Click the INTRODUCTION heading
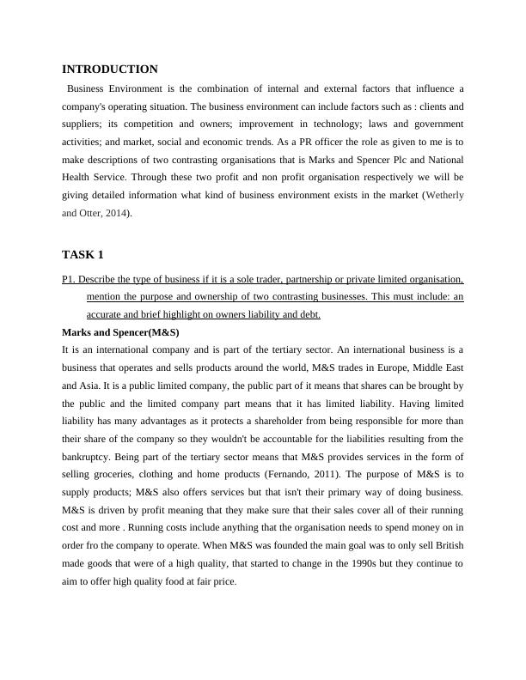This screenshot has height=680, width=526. pos(110,70)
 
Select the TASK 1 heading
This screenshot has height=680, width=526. pos(83,255)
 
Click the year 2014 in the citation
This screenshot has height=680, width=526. pos(117,213)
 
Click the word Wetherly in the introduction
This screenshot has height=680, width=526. pos(445,196)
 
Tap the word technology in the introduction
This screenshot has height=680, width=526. pos(337,124)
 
